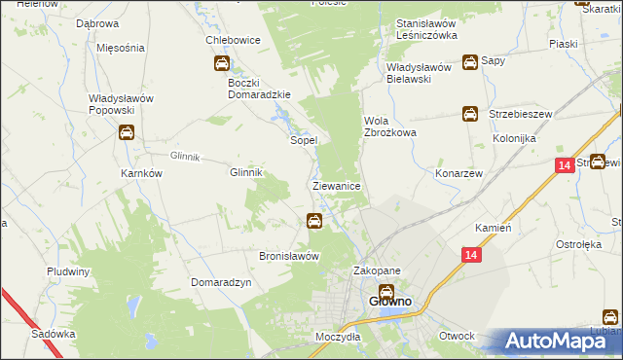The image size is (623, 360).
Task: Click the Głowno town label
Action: pos(389,302)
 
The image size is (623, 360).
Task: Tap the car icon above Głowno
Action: pos(386,290)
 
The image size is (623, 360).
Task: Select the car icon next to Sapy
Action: pos(470,61)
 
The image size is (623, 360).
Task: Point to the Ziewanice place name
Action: pos(338,185)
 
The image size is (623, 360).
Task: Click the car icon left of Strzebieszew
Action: pos(469,114)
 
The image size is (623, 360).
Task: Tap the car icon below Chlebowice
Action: pos(222,65)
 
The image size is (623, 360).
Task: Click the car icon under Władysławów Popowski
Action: pos(126,134)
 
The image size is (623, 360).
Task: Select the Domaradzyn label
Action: pos(222,281)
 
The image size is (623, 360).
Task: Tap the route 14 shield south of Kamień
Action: pos(471,254)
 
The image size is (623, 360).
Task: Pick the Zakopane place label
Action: pos(377,271)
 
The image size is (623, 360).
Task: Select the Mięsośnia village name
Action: pos(122,47)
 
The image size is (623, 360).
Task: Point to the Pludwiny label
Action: pos(68,271)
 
